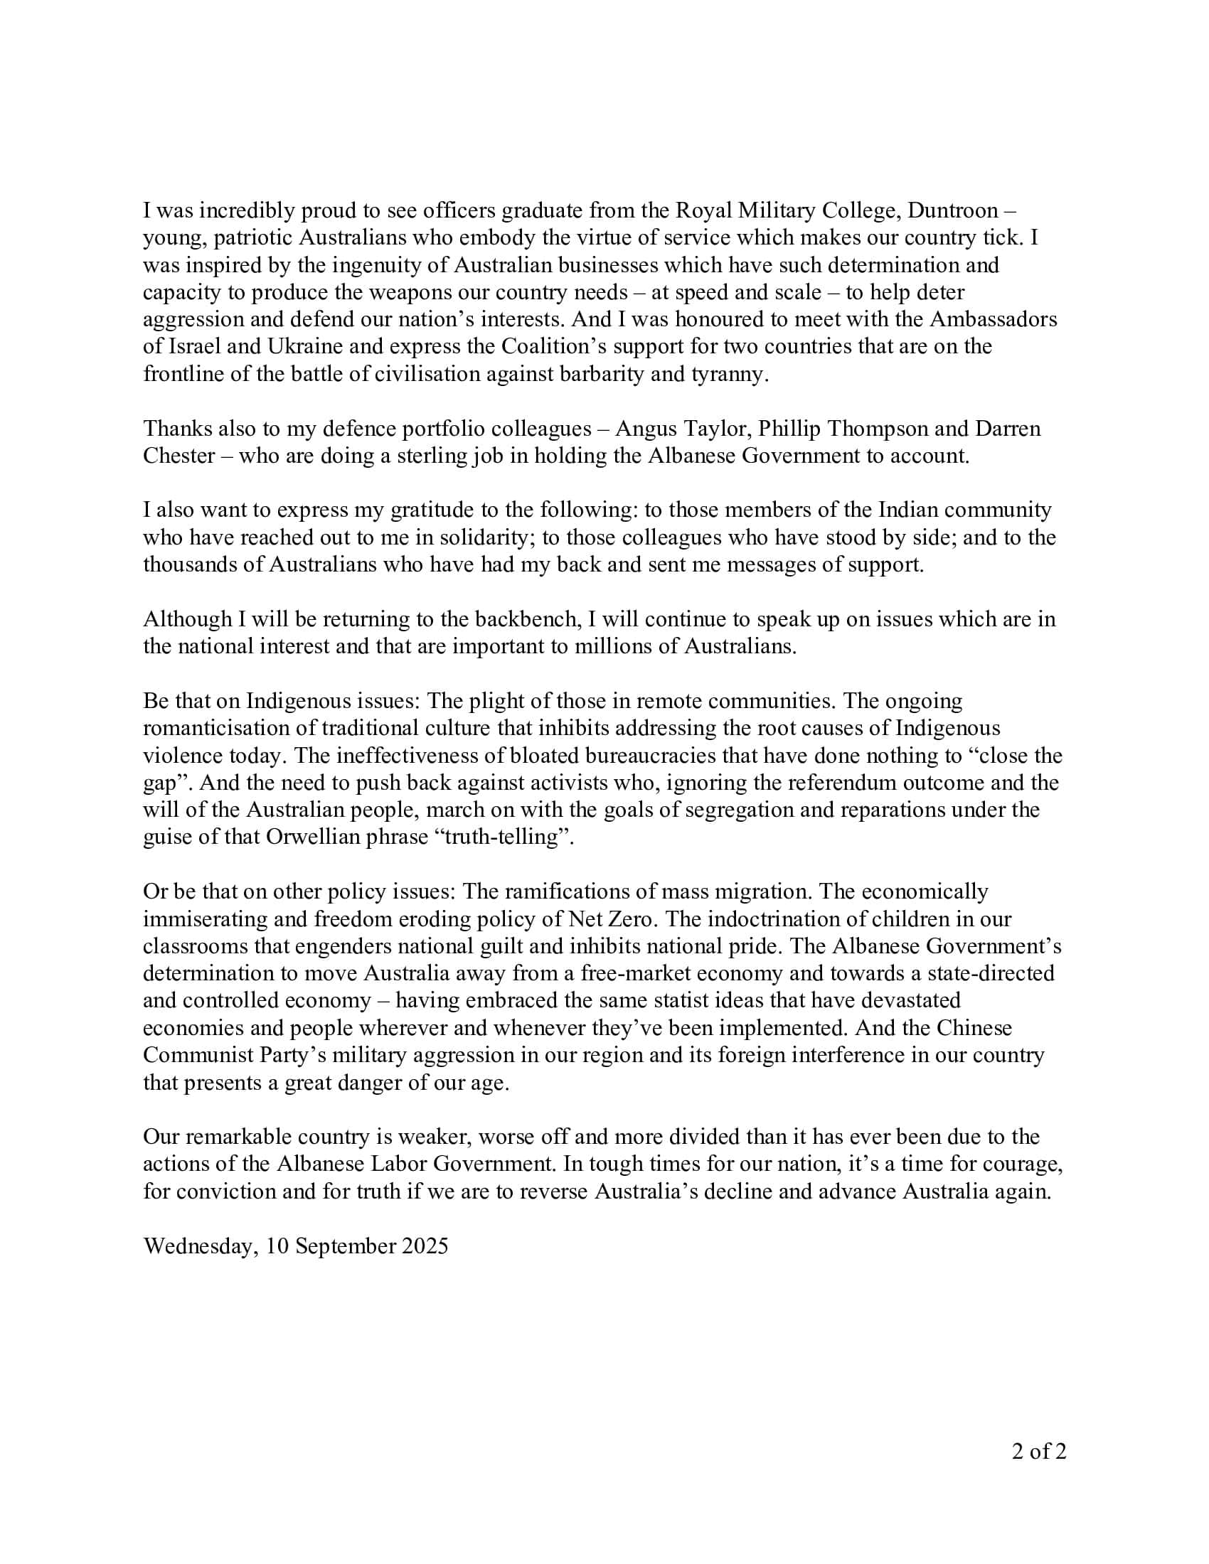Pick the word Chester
[x=179, y=456]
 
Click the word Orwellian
[x=312, y=837]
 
